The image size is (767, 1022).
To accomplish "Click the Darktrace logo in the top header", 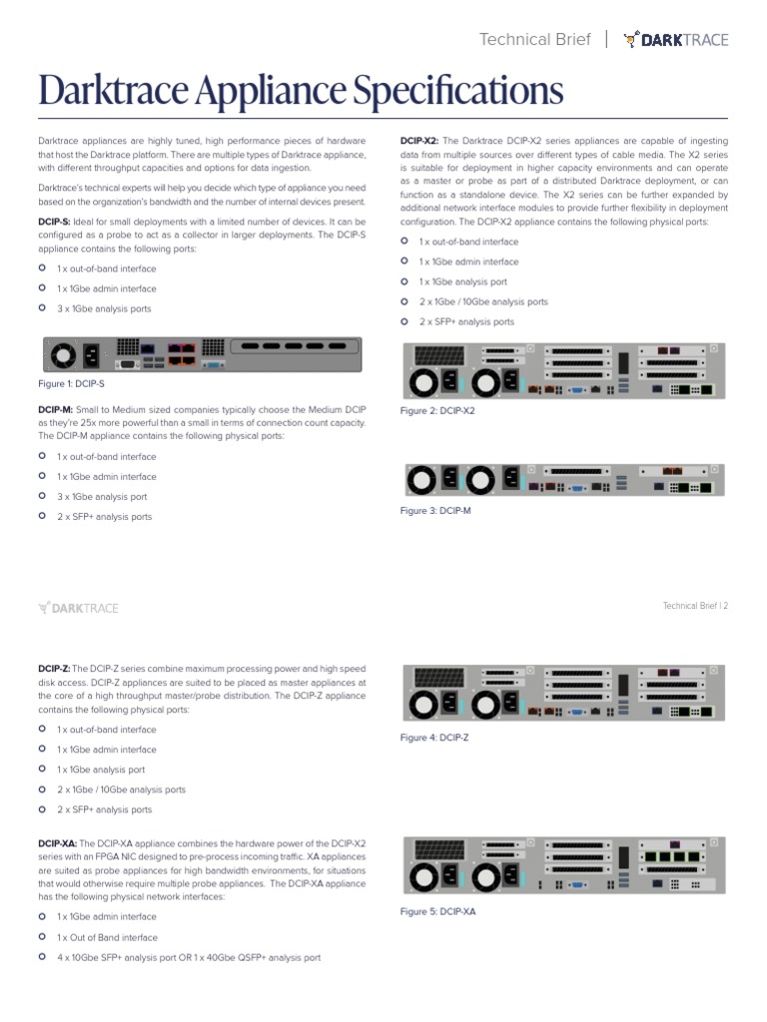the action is click(676, 40).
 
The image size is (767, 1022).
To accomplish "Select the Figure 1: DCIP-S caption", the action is click(71, 383).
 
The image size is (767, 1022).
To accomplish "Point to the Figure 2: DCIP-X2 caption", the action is click(437, 410).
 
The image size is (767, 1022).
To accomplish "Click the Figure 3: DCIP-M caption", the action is click(435, 510).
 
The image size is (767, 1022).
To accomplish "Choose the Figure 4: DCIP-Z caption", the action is click(434, 738).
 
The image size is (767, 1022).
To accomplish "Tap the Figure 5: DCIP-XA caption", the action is click(437, 911).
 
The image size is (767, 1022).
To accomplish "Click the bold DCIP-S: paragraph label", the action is click(54, 221).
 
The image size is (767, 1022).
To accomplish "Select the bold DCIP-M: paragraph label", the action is click(55, 410).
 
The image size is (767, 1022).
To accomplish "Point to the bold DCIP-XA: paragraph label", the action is click(57, 843).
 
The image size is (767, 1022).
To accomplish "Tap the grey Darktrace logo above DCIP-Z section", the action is click(78, 607).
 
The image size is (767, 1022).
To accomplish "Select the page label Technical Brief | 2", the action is click(695, 606).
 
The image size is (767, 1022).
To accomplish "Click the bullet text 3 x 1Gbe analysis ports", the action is click(104, 309).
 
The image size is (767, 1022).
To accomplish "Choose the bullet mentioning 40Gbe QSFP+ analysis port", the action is click(189, 958).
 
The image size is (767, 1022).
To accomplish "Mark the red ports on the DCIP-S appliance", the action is click(181, 353).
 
